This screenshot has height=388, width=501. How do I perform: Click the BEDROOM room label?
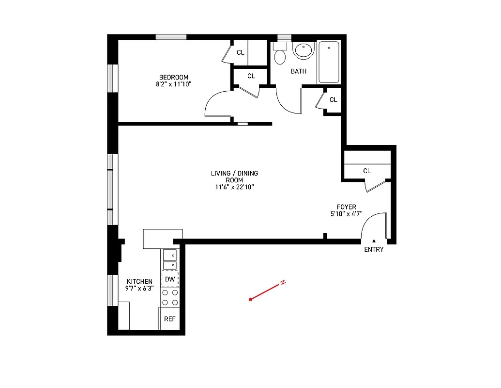pos(174,77)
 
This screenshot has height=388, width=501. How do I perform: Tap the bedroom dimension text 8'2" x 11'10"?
pos(174,84)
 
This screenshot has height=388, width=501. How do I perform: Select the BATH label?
pos(298,71)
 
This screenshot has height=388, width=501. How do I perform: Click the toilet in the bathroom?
pos(280,55)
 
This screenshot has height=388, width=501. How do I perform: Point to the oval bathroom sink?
pos(304,50)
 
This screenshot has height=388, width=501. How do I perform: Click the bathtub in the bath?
pos(329,63)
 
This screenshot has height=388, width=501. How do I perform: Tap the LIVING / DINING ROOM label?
pos(234,177)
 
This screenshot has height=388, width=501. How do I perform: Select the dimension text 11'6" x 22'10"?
pos(234,187)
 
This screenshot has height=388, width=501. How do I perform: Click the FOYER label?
pos(347,207)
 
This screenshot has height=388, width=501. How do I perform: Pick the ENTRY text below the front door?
pos(374,249)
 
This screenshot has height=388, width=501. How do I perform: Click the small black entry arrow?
pos(374,240)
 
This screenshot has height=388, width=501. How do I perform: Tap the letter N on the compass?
pos(283,282)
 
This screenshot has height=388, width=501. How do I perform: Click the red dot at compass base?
pos(250,300)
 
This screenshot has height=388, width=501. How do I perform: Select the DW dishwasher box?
pos(170,279)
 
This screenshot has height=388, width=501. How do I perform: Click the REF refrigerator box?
pos(169,319)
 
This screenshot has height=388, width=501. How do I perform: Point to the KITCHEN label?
pos(139,281)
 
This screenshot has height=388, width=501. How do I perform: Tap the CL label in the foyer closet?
pos(367,171)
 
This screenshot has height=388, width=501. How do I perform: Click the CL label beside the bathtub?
pos(333,100)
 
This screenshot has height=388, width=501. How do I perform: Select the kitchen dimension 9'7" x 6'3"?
pos(139,289)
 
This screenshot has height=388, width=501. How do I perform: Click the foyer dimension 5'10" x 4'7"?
pos(347,214)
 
